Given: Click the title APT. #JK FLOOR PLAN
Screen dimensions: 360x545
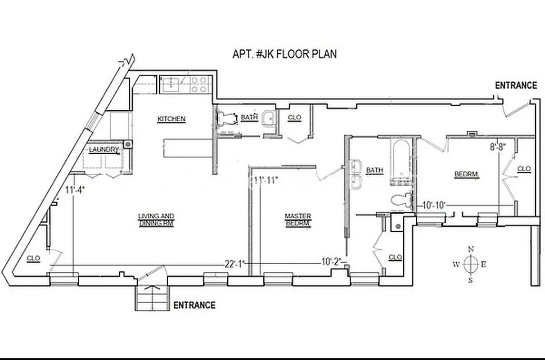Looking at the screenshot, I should click(x=284, y=54).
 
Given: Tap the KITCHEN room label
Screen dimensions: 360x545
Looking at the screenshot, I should click(x=171, y=119).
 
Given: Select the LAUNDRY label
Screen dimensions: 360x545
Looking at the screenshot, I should click(x=104, y=149).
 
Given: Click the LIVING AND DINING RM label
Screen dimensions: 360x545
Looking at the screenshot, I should click(x=156, y=220).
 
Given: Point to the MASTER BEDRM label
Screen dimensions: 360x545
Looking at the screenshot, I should click(x=298, y=220).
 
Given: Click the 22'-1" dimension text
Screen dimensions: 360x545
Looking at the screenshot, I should click(x=234, y=264).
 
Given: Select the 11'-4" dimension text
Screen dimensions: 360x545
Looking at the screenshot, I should click(x=75, y=189).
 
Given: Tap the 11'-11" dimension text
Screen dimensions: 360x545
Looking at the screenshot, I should click(x=266, y=180).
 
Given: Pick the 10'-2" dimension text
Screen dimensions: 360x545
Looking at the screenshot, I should click(x=331, y=261).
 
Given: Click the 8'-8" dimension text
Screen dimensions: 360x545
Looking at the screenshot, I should click(x=498, y=146).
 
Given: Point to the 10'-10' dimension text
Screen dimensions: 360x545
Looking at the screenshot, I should click(x=434, y=206).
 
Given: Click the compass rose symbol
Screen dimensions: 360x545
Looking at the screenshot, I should click(x=470, y=264).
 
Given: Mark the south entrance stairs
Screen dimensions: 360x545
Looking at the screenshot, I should click(x=153, y=298).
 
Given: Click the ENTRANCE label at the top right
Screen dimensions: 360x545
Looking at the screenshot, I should click(x=516, y=85).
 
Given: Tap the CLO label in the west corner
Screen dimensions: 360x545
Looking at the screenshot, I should click(x=33, y=258).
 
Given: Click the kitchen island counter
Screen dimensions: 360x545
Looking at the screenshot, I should click(x=187, y=148).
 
